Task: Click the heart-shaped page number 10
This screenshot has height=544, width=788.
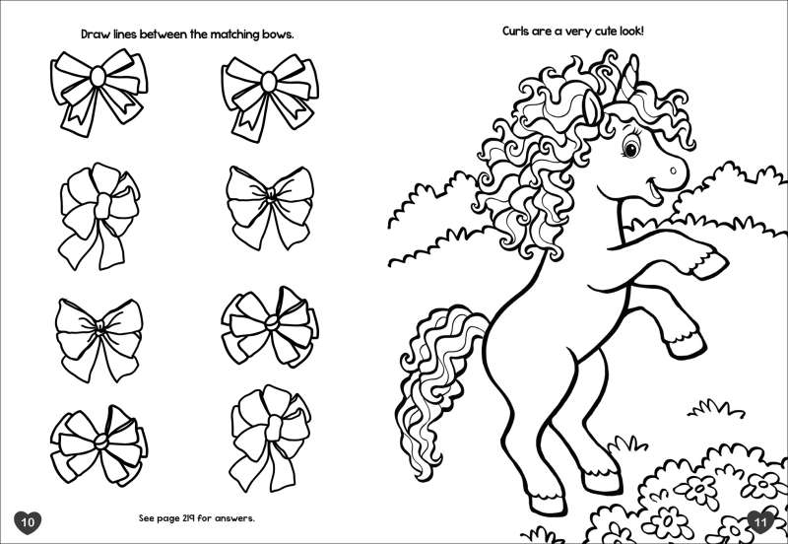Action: point(28,522)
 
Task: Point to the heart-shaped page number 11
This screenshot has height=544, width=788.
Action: point(760,522)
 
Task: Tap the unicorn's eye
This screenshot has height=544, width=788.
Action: point(630,148)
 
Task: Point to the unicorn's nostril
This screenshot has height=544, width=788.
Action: point(674,170)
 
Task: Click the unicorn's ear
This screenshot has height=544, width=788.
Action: point(592,107)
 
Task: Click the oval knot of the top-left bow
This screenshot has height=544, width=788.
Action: point(98,77)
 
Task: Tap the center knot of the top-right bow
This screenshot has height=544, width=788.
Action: point(269,82)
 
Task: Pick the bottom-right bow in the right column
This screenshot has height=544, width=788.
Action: point(270,439)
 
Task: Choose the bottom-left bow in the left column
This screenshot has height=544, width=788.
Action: point(99,444)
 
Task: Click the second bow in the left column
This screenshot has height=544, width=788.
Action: point(99,215)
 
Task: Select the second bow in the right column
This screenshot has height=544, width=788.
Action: point(270,207)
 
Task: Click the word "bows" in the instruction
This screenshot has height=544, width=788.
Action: point(277,34)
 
